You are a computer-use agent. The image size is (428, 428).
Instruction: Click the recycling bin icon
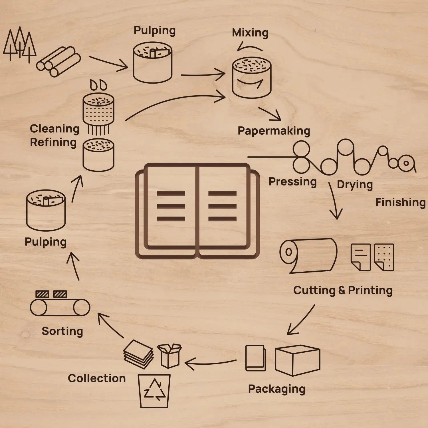coord(154,391)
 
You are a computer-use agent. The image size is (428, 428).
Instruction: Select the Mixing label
coord(250,33)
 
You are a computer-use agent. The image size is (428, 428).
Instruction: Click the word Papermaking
coord(274,131)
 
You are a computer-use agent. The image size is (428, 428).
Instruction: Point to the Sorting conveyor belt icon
coord(60,307)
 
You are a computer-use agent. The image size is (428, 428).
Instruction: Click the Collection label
coord(97,378)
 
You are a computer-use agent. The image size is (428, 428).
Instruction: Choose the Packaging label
coord(276,389)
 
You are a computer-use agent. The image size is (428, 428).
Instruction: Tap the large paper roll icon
coord(308,255)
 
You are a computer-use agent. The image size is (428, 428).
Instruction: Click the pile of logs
coord(58,62)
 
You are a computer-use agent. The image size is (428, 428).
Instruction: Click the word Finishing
coord(400,202)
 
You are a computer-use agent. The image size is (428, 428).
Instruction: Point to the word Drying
coord(355,185)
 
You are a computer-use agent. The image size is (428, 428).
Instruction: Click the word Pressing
coord(292,182)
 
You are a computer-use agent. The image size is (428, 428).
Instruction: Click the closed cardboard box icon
coord(297,360)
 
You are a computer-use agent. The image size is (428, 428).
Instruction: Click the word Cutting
coord(314,290)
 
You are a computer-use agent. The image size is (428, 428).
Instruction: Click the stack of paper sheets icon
coord(138,354)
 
